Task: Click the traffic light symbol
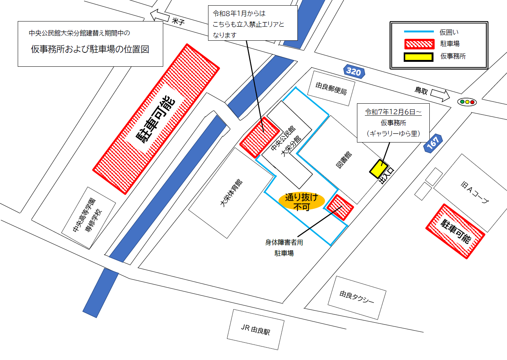tap(467, 102)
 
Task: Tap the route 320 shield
tap(354, 71)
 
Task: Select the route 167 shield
tap(433, 143)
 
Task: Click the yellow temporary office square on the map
tap(378, 169)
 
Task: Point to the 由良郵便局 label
tap(331, 88)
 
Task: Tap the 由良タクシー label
tap(357, 297)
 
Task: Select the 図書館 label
tap(344, 159)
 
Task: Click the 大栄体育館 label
tap(231, 193)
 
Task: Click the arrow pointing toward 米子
tap(159, 16)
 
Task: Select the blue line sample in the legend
tap(418, 32)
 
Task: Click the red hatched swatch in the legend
tap(419, 44)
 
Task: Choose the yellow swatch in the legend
tap(418, 57)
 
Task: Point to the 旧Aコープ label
tap(475, 192)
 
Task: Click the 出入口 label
tap(386, 176)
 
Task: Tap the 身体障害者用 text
tap(284, 242)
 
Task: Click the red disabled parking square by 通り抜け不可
tap(340, 207)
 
